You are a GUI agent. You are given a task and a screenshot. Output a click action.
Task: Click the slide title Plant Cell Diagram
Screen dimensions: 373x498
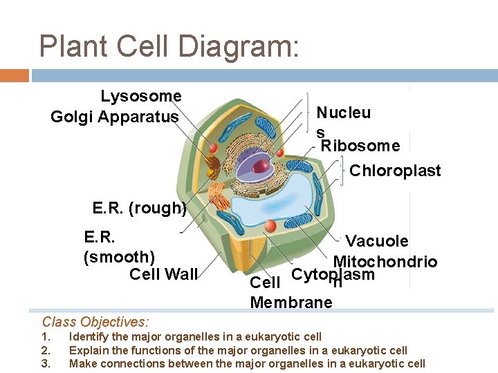tap(169, 46)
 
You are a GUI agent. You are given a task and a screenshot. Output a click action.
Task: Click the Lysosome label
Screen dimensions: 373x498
tap(141, 96)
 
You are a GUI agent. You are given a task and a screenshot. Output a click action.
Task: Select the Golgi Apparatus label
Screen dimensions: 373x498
tap(115, 117)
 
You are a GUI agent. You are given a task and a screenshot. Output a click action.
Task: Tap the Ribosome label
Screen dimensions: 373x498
tap(360, 146)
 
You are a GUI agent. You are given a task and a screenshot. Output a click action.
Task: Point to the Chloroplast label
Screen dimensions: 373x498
tap(395, 171)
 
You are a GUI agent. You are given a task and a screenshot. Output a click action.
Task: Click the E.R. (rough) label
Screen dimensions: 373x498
tap(140, 208)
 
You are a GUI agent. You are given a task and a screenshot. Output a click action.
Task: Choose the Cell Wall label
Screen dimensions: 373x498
tap(163, 274)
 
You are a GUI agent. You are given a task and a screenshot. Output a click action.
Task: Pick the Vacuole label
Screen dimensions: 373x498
tap(377, 241)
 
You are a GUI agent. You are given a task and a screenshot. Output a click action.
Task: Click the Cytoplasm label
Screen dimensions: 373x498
tap(333, 274)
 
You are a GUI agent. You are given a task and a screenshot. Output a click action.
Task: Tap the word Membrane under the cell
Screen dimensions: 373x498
tap(291, 303)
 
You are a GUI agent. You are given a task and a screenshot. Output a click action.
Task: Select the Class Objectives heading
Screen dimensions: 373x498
tap(95, 321)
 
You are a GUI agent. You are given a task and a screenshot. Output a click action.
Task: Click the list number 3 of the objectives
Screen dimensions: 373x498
tap(46, 363)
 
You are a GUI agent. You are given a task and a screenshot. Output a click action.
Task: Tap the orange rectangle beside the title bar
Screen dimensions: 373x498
tap(15, 75)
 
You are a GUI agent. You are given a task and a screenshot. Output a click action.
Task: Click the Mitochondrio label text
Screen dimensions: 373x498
tap(385, 262)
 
